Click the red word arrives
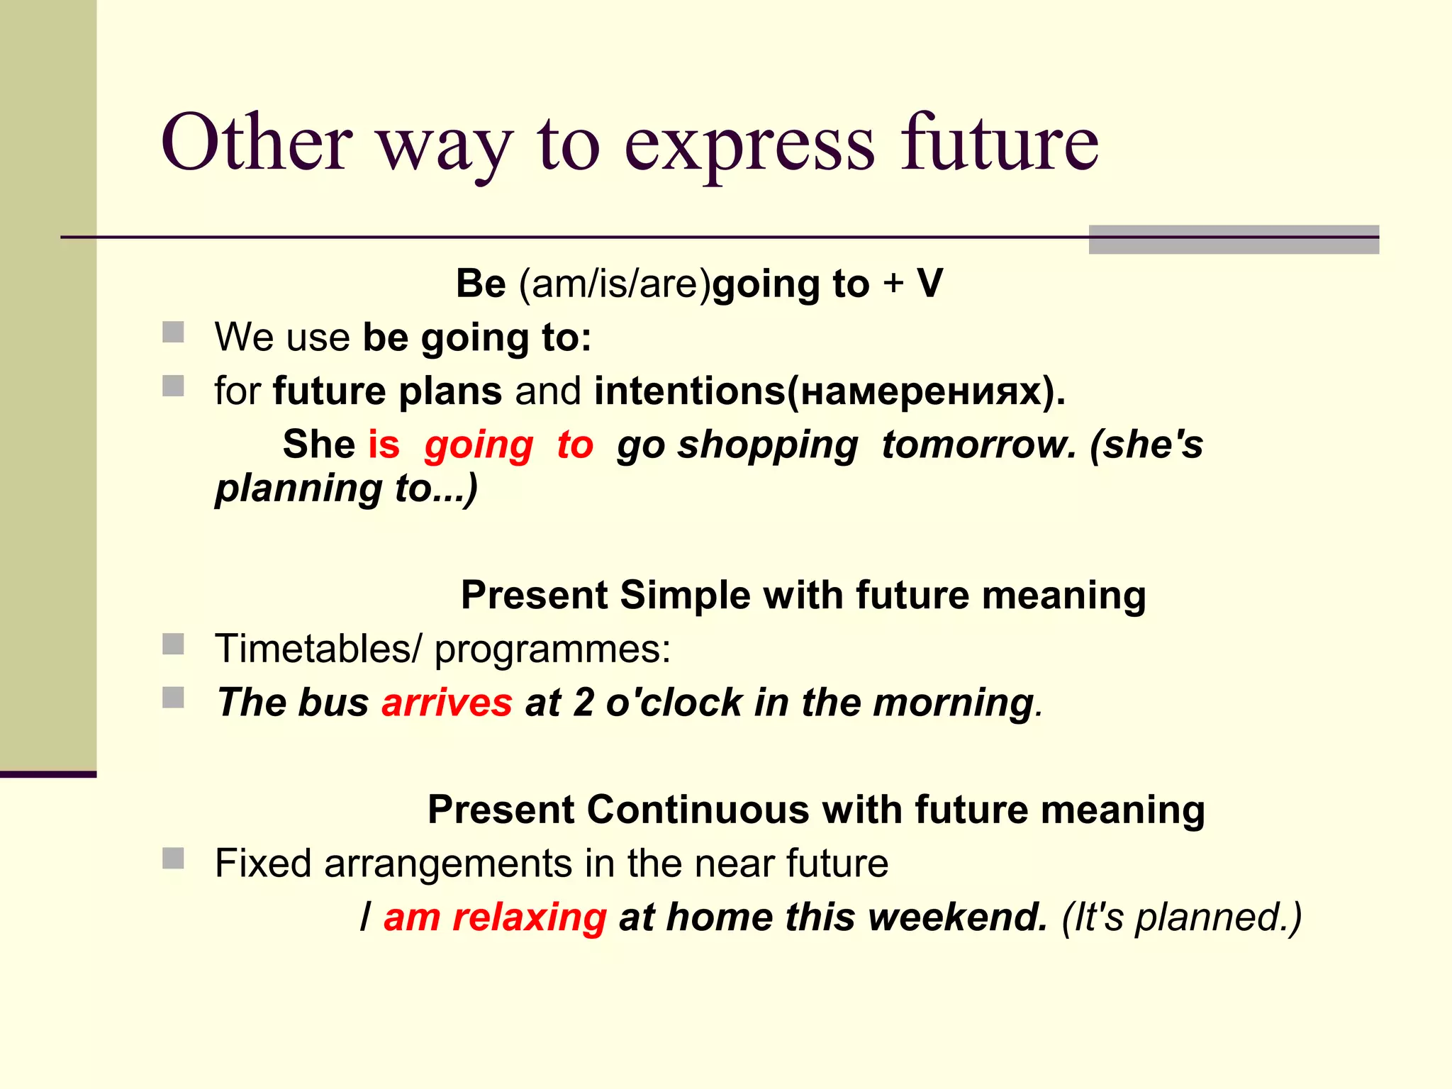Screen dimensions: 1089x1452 coord(447,703)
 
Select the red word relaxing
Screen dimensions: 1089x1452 coord(530,917)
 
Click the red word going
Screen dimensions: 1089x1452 coord(479,446)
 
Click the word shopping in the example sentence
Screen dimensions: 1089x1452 coord(767,446)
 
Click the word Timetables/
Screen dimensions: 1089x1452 coord(318,649)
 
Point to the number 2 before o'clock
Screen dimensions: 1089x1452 coord(583,703)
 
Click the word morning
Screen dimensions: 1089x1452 coord(954,703)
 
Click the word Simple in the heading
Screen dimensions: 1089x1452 coord(685,595)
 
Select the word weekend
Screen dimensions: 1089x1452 coord(958,917)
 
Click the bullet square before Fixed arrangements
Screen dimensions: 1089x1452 coord(173,859)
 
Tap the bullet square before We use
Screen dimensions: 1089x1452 coord(173,332)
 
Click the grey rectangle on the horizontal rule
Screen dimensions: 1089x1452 coord(1233,240)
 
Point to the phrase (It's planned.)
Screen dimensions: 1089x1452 coord(1181,917)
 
